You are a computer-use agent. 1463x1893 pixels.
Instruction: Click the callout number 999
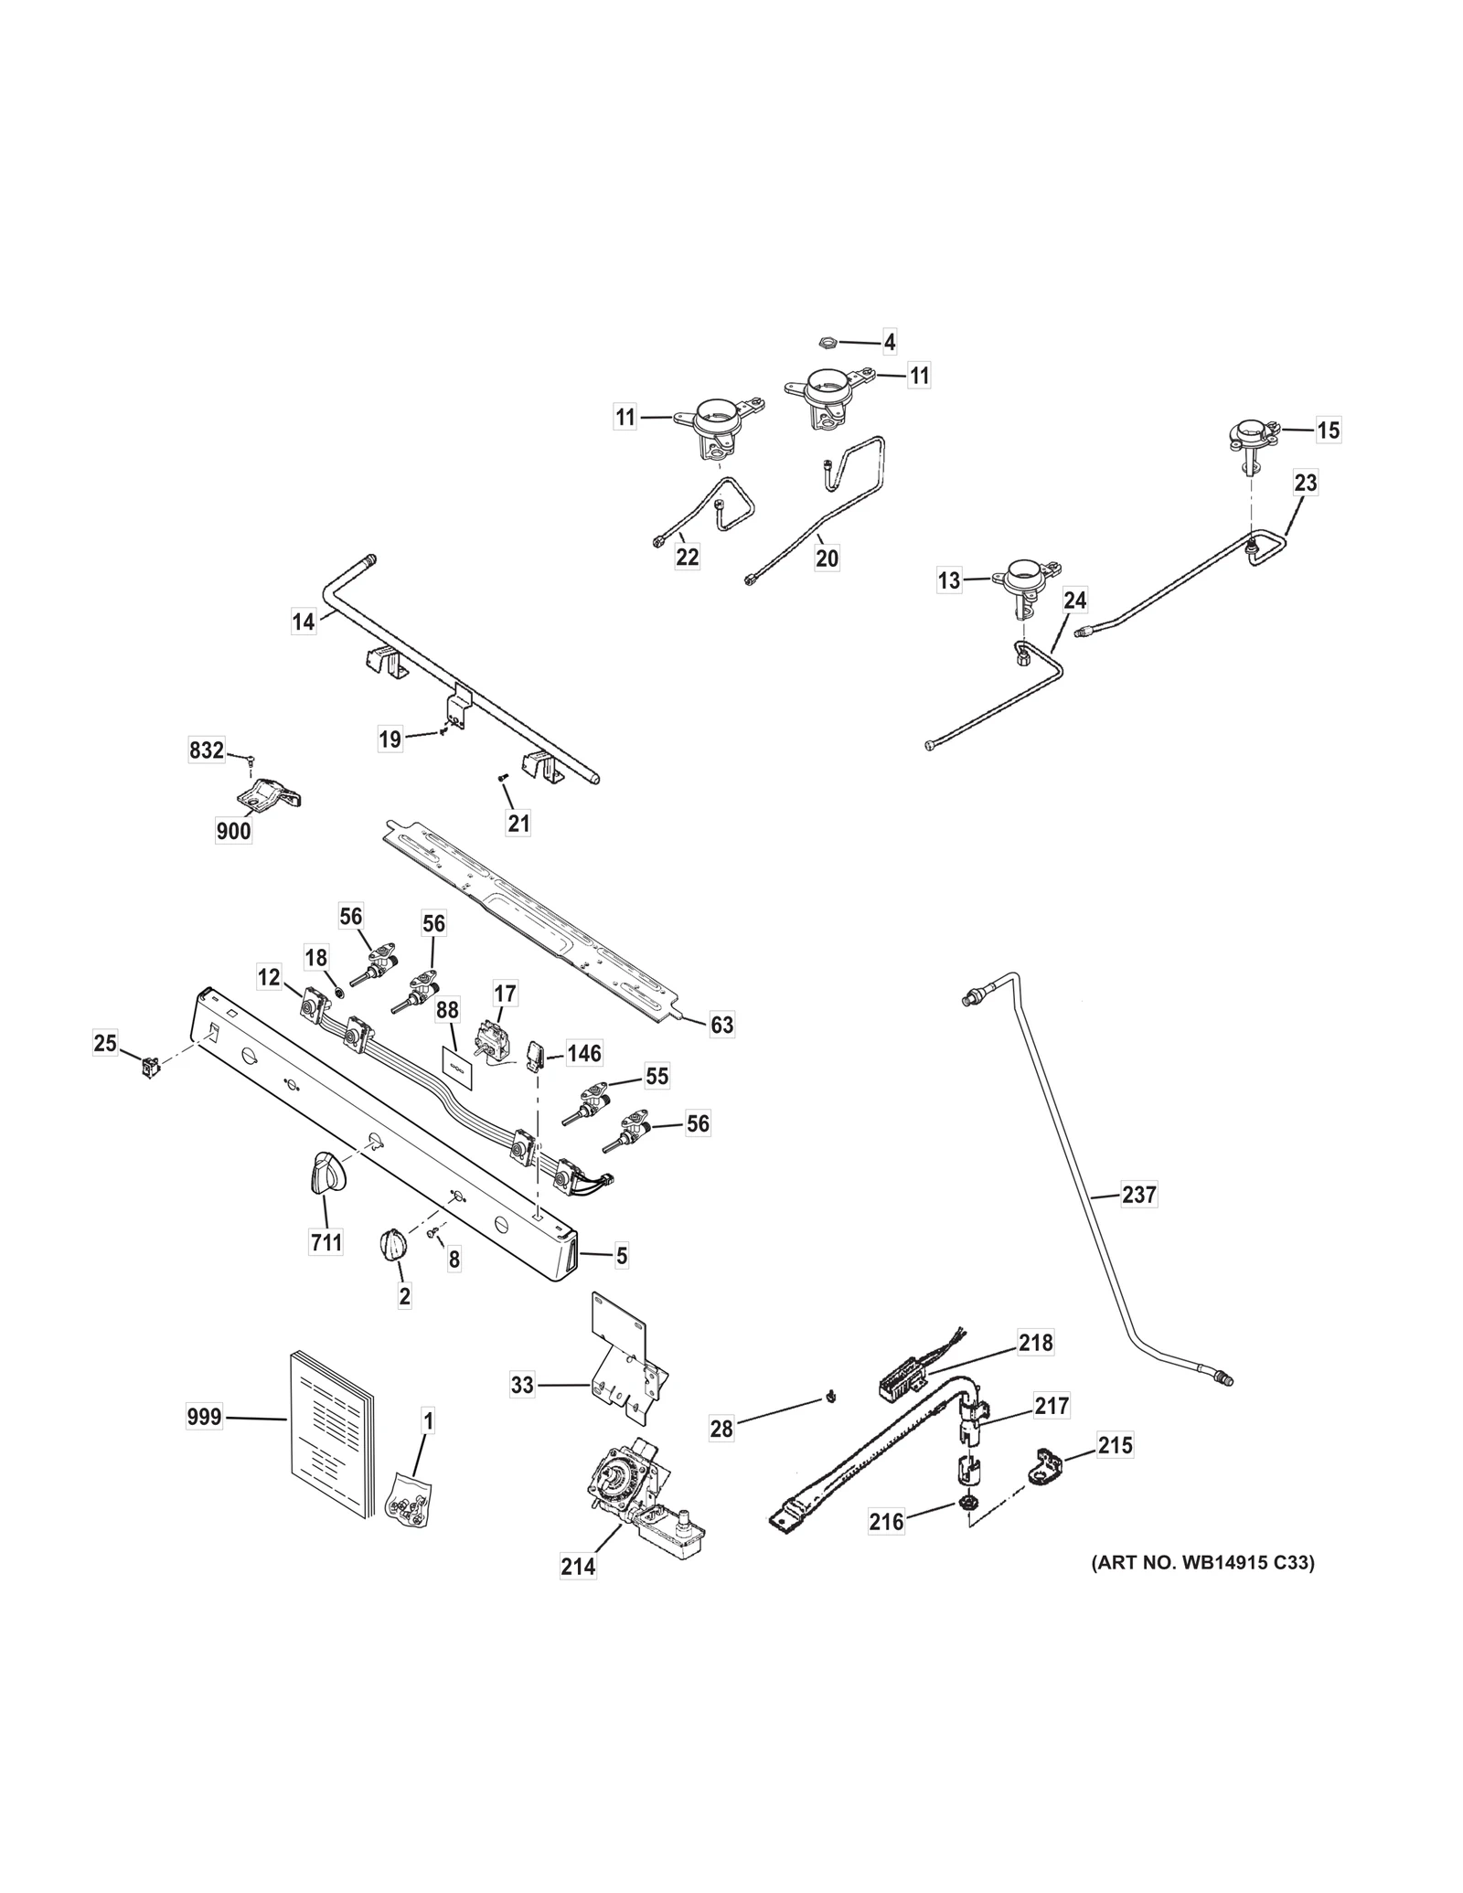[x=204, y=1418]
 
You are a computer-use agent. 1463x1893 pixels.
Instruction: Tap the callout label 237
[x=1138, y=1194]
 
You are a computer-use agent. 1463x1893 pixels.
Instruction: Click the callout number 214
[x=578, y=1566]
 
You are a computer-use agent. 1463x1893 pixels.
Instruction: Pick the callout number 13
[x=949, y=580]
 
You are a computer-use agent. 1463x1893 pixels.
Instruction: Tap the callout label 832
[x=207, y=750]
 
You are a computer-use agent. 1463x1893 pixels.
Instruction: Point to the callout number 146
[x=584, y=1053]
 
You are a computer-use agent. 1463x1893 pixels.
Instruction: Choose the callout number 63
[x=721, y=1025]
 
